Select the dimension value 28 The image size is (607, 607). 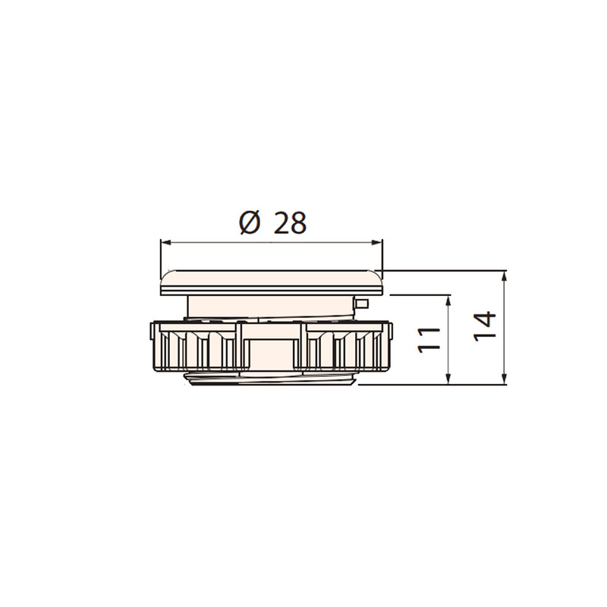tap(290, 223)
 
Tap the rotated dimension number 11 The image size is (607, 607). tap(429, 340)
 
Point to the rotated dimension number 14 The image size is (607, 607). tap(485, 326)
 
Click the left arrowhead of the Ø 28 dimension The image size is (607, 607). tap(165, 243)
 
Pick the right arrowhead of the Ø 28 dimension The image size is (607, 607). tap(377, 243)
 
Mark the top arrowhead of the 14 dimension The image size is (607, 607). tap(504, 276)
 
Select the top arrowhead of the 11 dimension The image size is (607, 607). tap(448, 300)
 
